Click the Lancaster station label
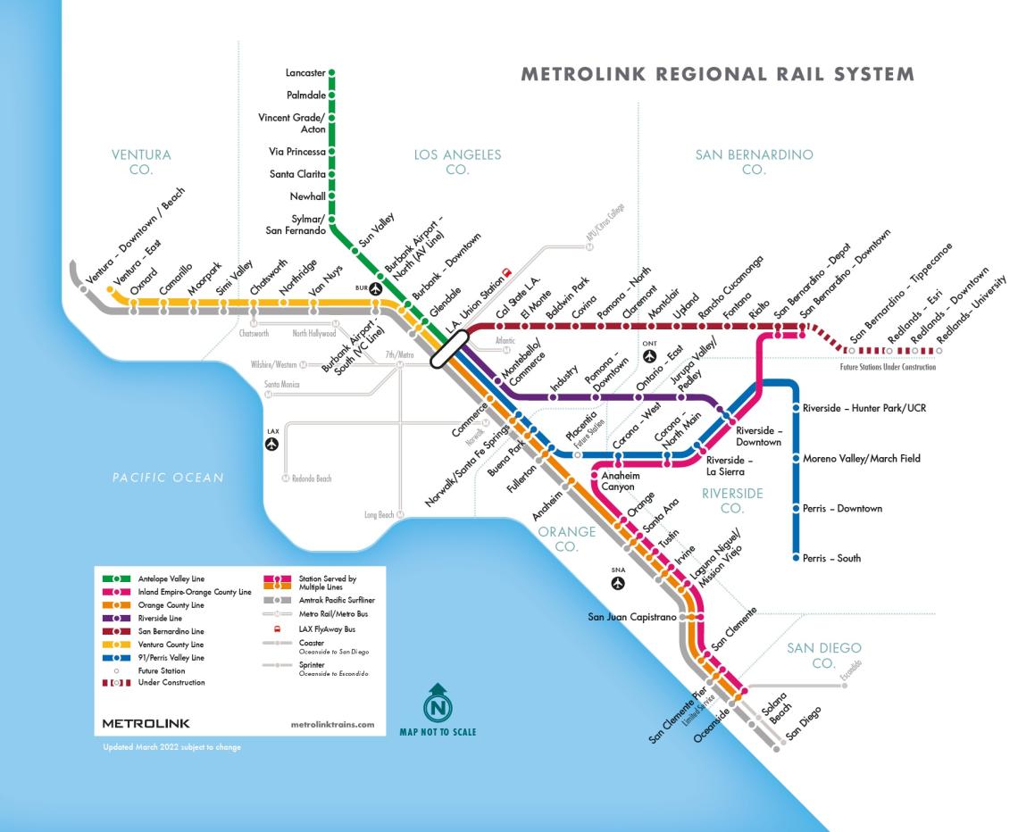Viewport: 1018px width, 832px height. point(305,72)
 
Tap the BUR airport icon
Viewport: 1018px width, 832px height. point(376,288)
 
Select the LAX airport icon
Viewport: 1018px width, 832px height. point(273,444)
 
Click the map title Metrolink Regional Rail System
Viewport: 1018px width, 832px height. point(717,74)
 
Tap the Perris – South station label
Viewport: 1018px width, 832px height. point(830,558)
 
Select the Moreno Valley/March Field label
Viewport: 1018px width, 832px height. point(861,459)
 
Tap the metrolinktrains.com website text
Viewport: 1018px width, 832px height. point(332,724)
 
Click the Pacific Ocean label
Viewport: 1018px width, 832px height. point(168,477)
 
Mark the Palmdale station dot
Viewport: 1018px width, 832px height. point(331,94)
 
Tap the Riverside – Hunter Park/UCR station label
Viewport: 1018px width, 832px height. point(864,408)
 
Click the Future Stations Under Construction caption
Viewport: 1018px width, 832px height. point(888,367)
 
